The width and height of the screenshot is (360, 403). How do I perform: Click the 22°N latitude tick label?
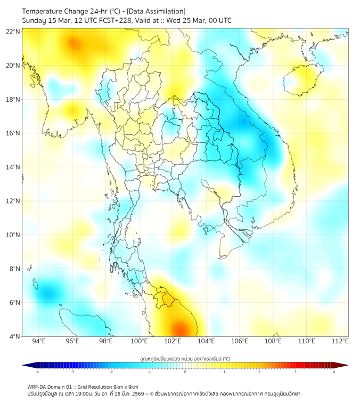[13, 31]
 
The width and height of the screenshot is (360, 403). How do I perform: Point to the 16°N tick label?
[13, 133]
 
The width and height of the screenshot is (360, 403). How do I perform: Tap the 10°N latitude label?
[13, 235]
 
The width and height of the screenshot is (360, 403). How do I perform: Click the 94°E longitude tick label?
[39, 342]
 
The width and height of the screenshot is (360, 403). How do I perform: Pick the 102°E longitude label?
[173, 342]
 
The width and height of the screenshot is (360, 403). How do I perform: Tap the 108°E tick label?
[273, 342]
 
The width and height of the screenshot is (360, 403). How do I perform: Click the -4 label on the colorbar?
[36, 372]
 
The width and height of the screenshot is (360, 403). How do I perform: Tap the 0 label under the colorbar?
[185, 372]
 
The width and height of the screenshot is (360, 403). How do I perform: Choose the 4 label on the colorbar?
[333, 372]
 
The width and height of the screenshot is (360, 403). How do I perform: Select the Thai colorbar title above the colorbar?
[185, 359]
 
